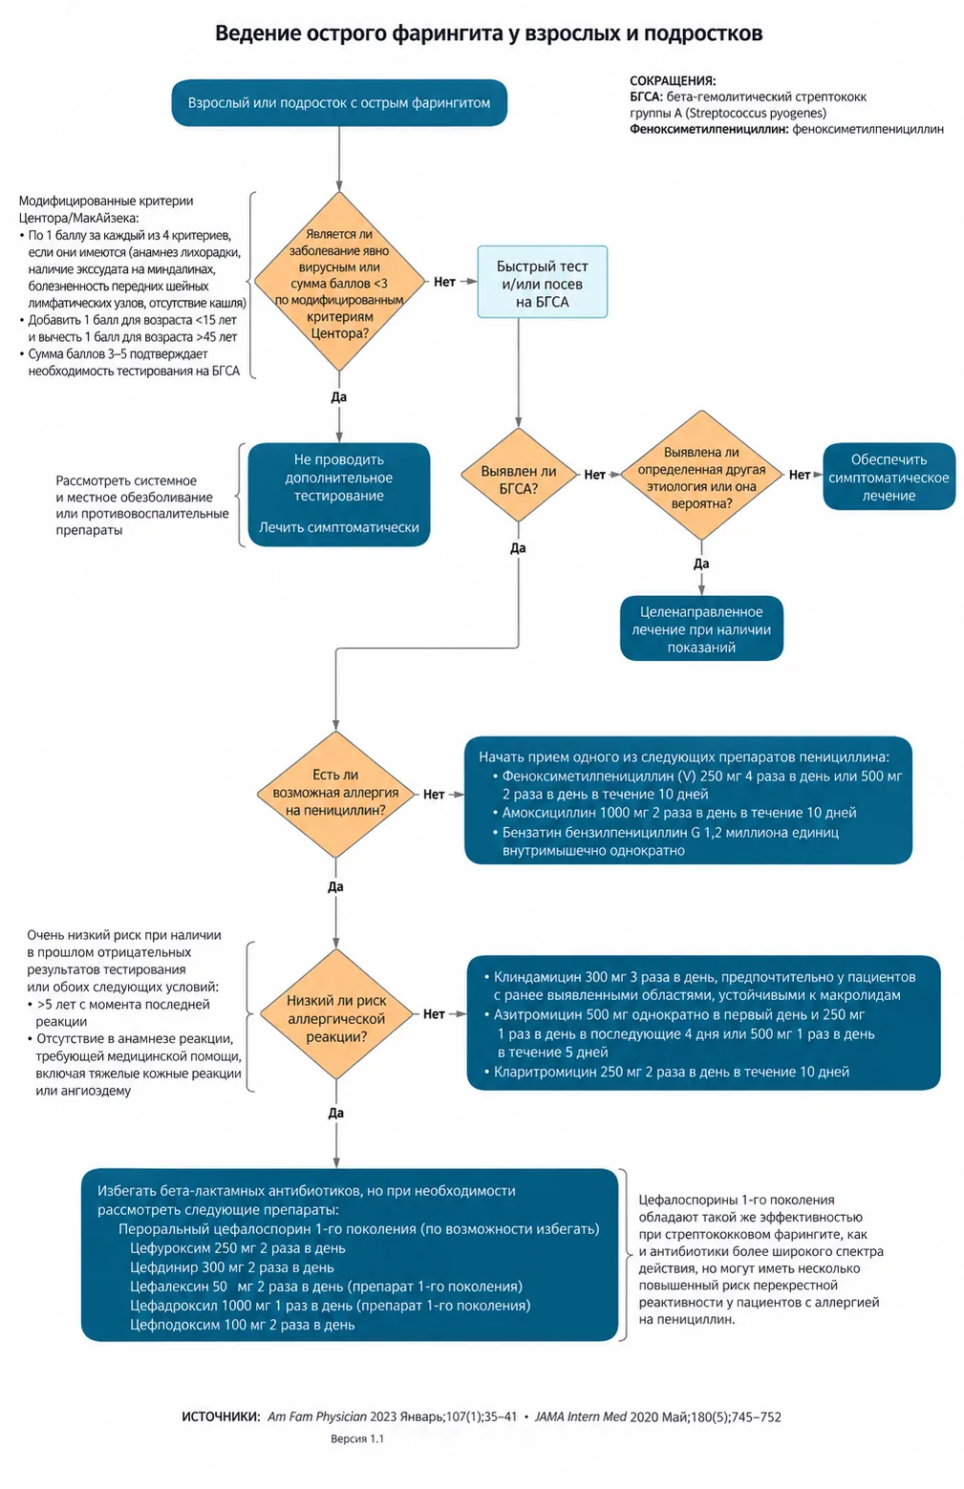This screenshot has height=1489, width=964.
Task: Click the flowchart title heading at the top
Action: (x=488, y=33)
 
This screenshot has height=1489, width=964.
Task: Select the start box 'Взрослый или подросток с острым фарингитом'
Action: (x=339, y=103)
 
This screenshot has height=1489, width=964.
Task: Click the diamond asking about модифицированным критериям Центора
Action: (x=339, y=282)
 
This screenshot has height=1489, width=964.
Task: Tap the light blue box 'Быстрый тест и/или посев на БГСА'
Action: (x=542, y=282)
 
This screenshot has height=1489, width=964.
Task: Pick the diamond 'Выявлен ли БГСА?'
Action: (x=519, y=475)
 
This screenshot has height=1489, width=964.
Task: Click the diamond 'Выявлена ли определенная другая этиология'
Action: (x=701, y=475)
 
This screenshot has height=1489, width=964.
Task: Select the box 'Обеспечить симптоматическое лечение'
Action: (x=889, y=477)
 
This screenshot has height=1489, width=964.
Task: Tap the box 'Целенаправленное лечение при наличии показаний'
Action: (x=701, y=628)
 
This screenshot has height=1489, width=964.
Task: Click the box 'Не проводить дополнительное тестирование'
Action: (x=339, y=495)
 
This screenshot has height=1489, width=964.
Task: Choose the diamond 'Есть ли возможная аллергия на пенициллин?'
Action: (x=335, y=795)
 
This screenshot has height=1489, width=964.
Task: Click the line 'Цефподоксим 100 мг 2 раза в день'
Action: (x=242, y=1324)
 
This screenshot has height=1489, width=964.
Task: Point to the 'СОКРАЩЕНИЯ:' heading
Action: (x=673, y=81)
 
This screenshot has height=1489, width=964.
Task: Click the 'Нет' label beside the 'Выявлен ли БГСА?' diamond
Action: (x=594, y=475)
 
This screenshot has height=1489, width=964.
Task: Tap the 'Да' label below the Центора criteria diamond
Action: (x=338, y=397)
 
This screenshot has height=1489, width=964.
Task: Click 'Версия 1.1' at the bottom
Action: (x=357, y=1438)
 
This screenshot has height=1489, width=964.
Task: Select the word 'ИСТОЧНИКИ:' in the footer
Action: (x=221, y=1416)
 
